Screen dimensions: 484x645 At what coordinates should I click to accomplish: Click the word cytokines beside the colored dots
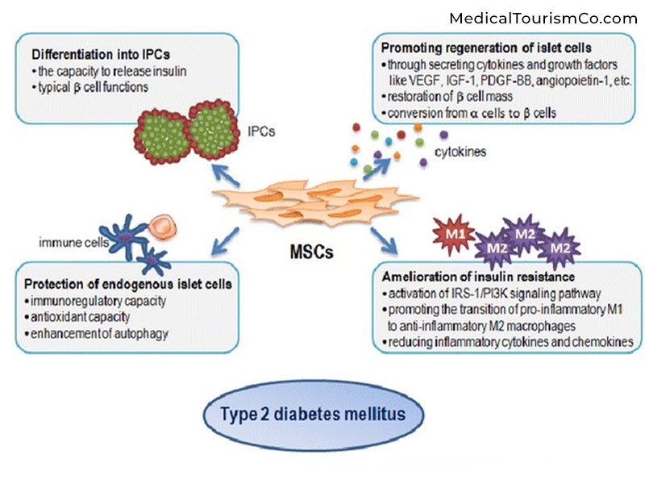460,151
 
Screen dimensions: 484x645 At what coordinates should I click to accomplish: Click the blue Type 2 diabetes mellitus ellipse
322,416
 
